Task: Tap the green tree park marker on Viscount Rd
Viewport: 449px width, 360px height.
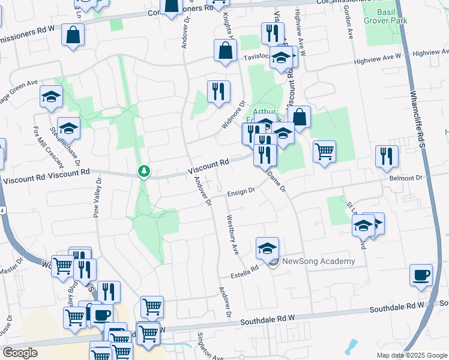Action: [144, 172]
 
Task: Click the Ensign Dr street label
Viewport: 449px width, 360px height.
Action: [241, 193]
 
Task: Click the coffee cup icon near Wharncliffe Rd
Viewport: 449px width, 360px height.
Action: [421, 275]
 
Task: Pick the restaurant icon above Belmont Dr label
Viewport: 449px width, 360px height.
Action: [387, 156]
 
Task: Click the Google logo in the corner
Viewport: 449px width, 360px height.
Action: [20, 353]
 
